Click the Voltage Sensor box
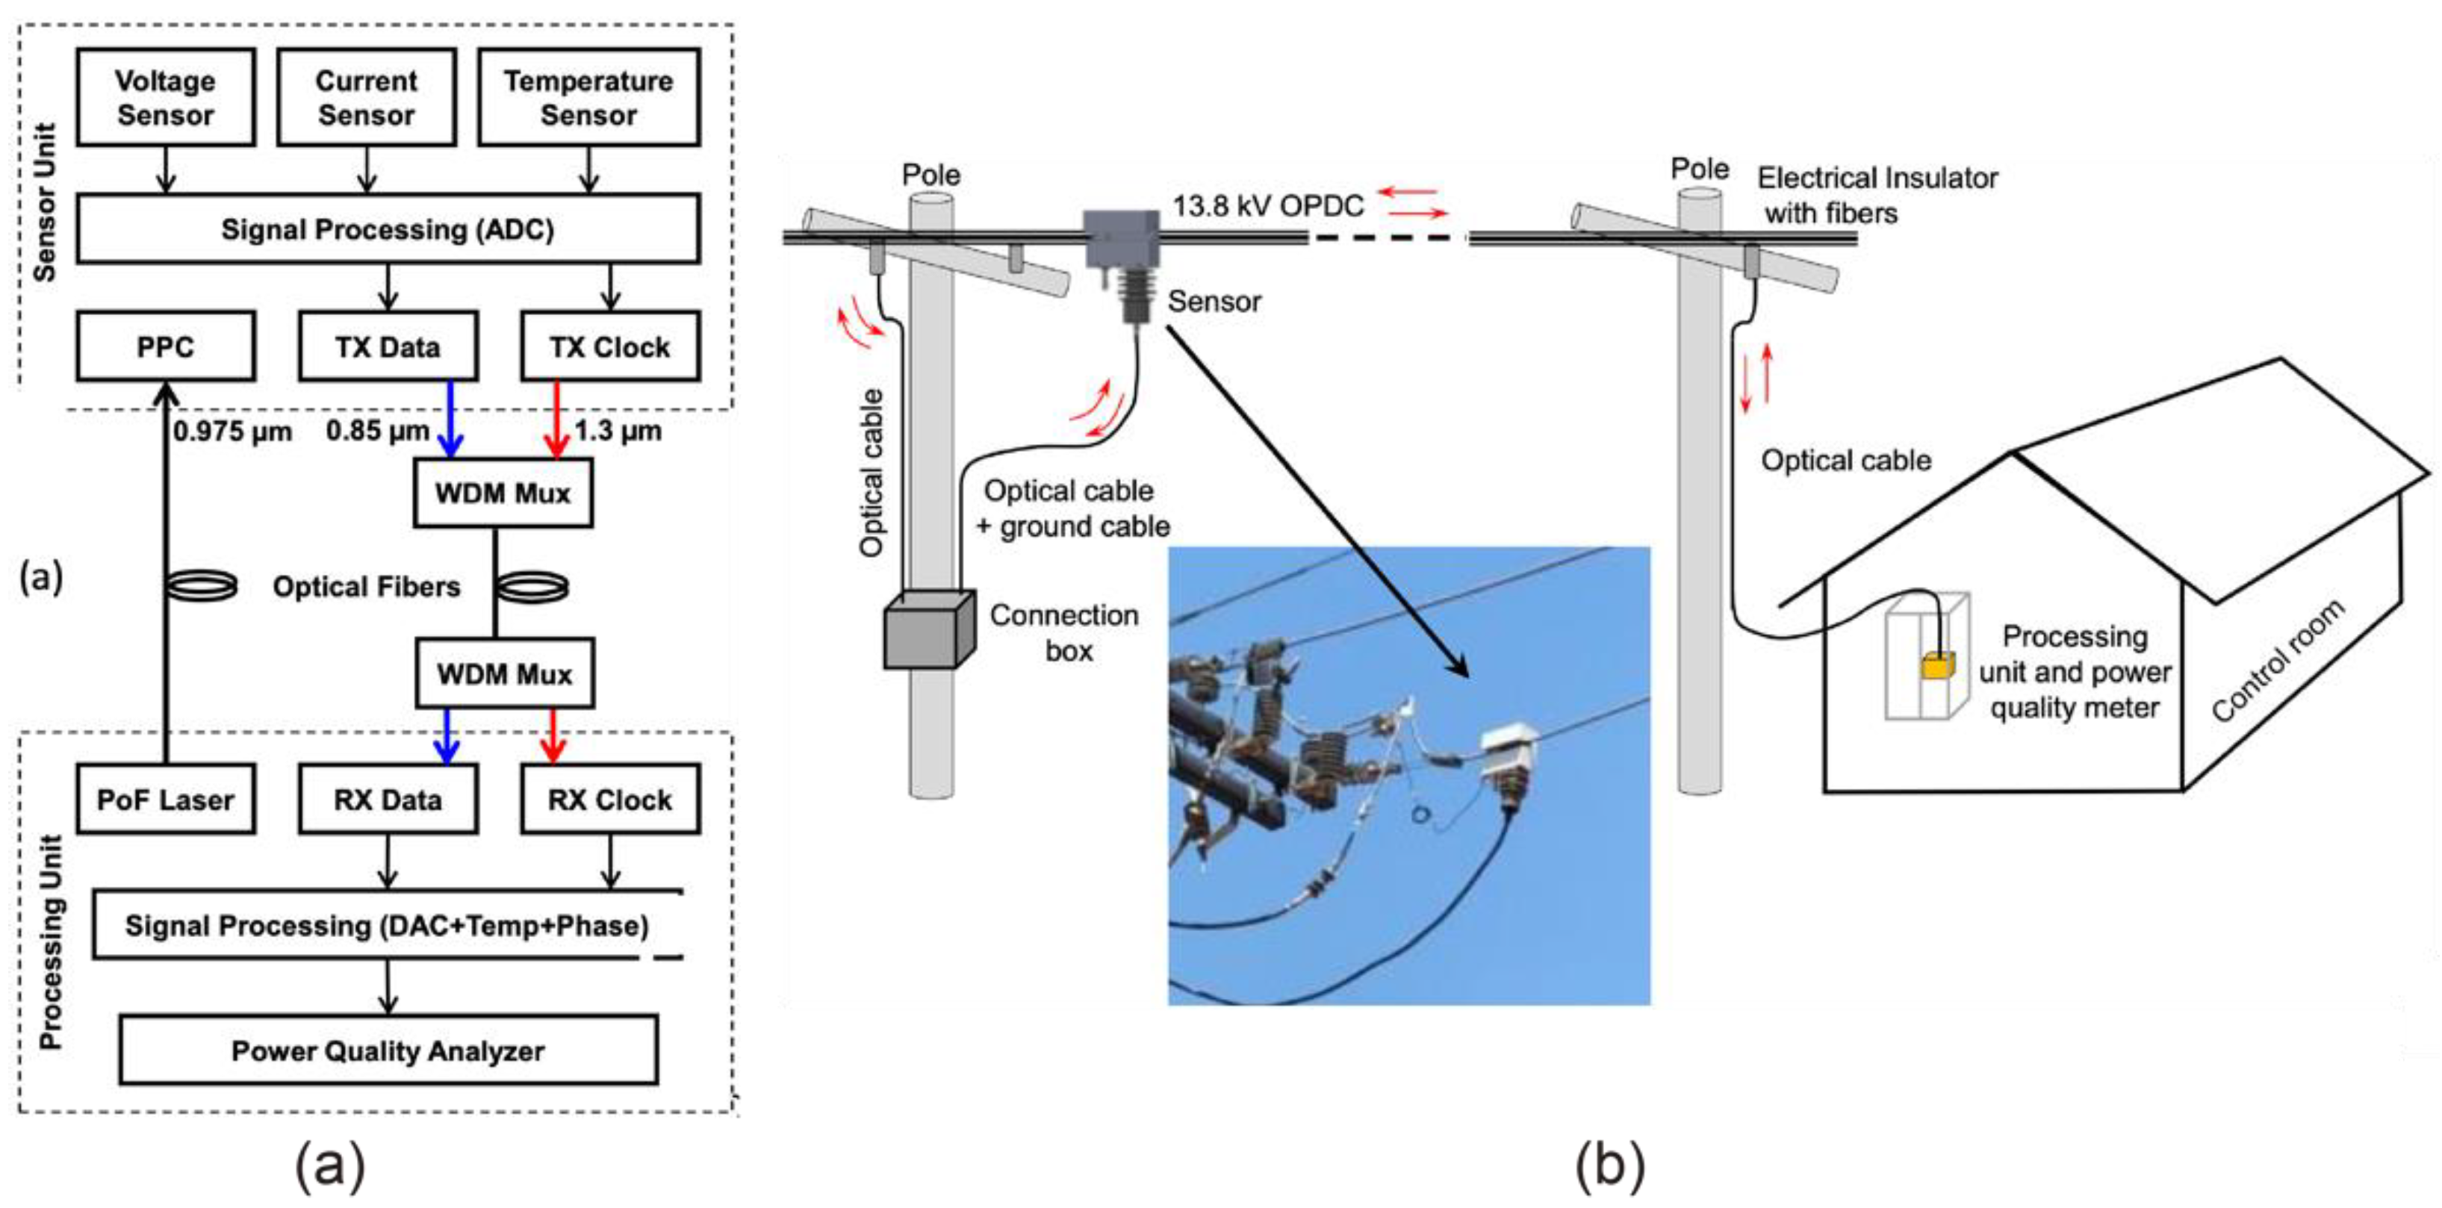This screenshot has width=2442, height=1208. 165,98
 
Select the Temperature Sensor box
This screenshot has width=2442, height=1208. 588,98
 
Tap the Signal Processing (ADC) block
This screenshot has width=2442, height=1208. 387,229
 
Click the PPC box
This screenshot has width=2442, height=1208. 165,346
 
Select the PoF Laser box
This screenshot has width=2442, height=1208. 165,800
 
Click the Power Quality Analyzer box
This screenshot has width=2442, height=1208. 387,1050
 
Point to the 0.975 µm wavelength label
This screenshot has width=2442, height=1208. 232,432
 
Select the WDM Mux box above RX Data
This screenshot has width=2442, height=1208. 503,673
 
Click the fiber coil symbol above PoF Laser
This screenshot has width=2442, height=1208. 201,585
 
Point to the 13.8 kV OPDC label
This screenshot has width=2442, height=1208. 1267,205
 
